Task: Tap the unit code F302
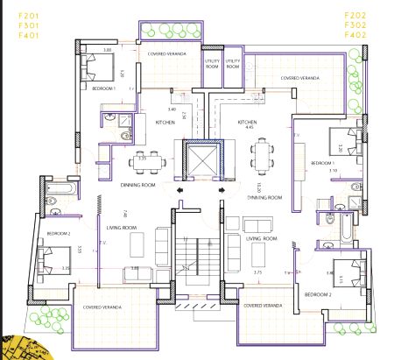click(x=356, y=25)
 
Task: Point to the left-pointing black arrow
click(x=180, y=187)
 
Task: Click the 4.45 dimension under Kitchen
click(x=249, y=128)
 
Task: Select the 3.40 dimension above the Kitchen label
click(x=172, y=109)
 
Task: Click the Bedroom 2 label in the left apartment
click(x=58, y=233)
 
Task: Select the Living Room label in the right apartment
click(x=261, y=237)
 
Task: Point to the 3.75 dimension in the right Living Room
click(x=257, y=272)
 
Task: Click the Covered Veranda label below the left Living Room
click(x=102, y=308)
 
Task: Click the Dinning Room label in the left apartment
click(x=138, y=186)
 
